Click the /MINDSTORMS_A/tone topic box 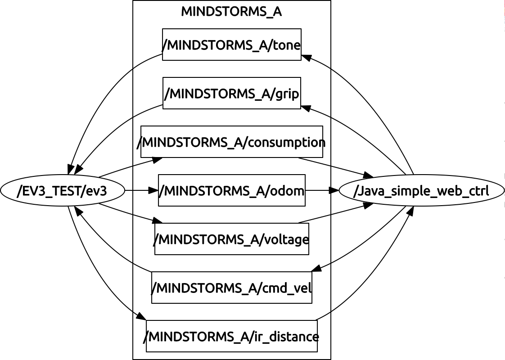click(x=231, y=45)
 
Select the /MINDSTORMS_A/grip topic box click(x=231, y=93)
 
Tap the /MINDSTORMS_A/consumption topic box click(x=231, y=142)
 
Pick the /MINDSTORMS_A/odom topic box click(x=231, y=190)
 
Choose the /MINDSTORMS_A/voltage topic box click(x=231, y=239)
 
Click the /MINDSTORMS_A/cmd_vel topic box click(x=231, y=287)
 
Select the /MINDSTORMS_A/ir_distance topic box click(x=231, y=336)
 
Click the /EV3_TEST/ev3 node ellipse click(x=62, y=191)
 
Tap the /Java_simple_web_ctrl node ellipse click(x=421, y=191)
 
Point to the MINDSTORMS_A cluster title click(x=231, y=12)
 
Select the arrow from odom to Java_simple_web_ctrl click(x=322, y=190)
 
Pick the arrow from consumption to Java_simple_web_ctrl click(x=335, y=166)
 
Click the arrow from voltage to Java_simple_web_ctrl click(x=335, y=213)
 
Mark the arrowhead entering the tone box click(x=306, y=57)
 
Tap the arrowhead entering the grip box click(x=306, y=108)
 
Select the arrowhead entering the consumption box click(x=157, y=159)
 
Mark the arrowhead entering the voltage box click(x=157, y=221)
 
